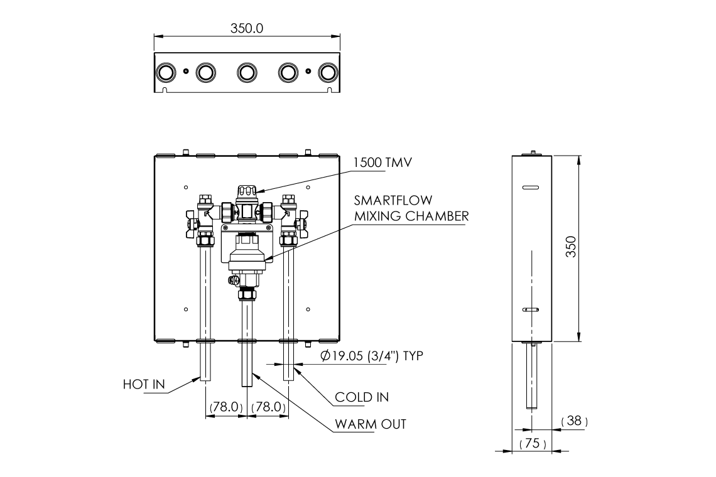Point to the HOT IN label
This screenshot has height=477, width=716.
pyautogui.click(x=143, y=384)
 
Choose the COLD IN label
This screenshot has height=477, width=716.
pyautogui.click(x=361, y=397)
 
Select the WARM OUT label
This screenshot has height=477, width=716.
pyautogui.click(x=370, y=424)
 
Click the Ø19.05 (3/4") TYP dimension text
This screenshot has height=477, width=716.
pyautogui.click(x=371, y=356)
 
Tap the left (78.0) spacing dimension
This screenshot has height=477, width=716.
pyautogui.click(x=225, y=407)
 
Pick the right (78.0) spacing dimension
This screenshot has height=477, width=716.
pyautogui.click(x=269, y=407)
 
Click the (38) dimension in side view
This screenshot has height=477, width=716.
pyautogui.click(x=574, y=421)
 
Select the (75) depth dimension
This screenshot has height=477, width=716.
pyautogui.click(x=533, y=444)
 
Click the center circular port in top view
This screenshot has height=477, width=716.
pyautogui.click(x=246, y=73)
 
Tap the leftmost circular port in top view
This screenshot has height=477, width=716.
pyautogui.click(x=165, y=73)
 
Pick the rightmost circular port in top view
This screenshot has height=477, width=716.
pyautogui.click(x=327, y=73)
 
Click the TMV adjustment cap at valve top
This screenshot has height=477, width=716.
pyautogui.click(x=246, y=191)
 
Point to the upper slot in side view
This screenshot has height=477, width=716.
pyautogui.click(x=531, y=187)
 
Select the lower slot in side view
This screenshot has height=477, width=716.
pyautogui.click(x=531, y=310)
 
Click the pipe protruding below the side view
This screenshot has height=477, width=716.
pyautogui.click(x=532, y=377)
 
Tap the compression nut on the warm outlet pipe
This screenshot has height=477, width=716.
pyautogui.click(x=246, y=293)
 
